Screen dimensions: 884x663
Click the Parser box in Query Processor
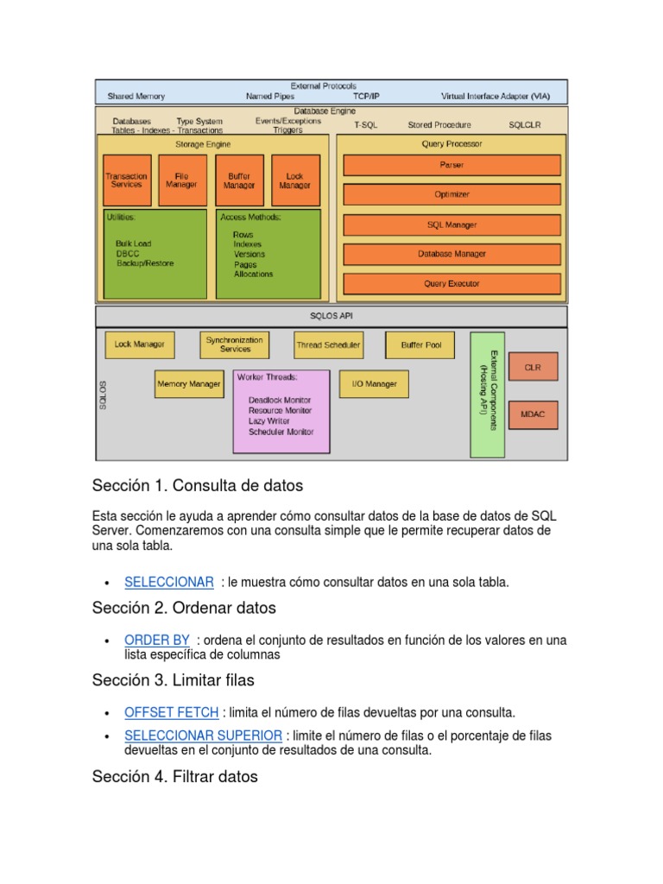(451, 165)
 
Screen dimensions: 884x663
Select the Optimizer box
(451, 194)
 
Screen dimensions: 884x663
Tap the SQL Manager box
(451, 224)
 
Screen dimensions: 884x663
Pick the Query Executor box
(451, 283)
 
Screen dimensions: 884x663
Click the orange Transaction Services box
(127, 180)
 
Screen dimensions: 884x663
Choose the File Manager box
(182, 180)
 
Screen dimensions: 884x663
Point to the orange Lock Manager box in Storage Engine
(295, 180)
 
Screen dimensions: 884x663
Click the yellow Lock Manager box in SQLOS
(139, 344)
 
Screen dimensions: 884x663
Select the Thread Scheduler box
(328, 344)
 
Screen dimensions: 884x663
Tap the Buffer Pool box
(420, 344)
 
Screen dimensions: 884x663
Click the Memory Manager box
(188, 384)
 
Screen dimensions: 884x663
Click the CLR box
(533, 367)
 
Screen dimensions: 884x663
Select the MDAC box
(533, 414)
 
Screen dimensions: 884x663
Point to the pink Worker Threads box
(281, 411)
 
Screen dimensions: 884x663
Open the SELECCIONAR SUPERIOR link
(203, 736)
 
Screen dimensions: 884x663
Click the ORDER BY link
(157, 640)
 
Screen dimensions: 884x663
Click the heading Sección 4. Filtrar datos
(175, 776)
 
